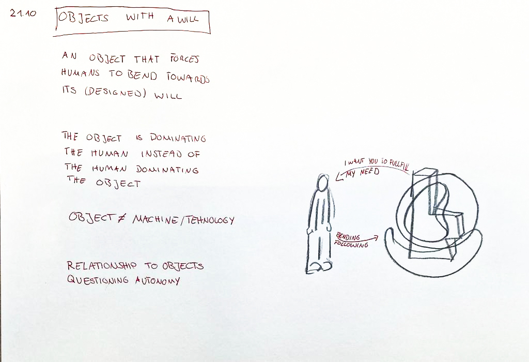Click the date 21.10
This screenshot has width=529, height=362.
pyautogui.click(x=23, y=13)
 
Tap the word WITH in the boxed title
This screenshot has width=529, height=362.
pyautogui.click(x=140, y=17)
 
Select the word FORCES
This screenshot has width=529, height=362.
pyautogui.click(x=184, y=59)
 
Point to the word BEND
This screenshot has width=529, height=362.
pyautogui.click(x=143, y=75)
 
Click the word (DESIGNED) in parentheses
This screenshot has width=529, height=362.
pyautogui.click(x=115, y=93)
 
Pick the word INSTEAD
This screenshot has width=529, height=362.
pyautogui.click(x=161, y=154)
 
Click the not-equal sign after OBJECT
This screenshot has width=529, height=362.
pyautogui.click(x=121, y=218)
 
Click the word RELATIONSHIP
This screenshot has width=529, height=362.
pyautogui.click(x=102, y=266)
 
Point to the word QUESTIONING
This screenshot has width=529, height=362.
pyautogui.click(x=98, y=280)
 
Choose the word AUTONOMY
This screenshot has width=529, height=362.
pyautogui.click(x=158, y=281)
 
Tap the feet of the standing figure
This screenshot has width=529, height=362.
pyautogui.click(x=319, y=267)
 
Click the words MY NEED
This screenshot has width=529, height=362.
pyautogui.click(x=363, y=173)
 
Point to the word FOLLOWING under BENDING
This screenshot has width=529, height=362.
pyautogui.click(x=351, y=244)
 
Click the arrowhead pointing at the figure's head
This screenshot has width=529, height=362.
pyautogui.click(x=339, y=176)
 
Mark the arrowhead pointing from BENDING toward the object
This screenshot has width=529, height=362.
pyautogui.click(x=375, y=237)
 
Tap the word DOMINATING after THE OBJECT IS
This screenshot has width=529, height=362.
pyautogui.click(x=178, y=138)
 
